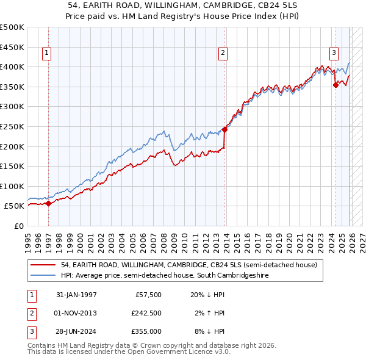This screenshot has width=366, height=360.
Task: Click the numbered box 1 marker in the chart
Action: click(x=47, y=54)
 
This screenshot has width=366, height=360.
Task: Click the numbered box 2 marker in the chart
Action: click(x=223, y=54)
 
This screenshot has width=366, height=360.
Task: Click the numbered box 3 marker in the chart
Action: click(x=334, y=54)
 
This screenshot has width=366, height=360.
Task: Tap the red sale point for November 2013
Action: click(x=225, y=129)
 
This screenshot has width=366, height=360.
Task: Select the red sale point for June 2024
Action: click(x=335, y=85)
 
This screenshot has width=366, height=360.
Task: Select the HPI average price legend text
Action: click(x=165, y=276)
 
